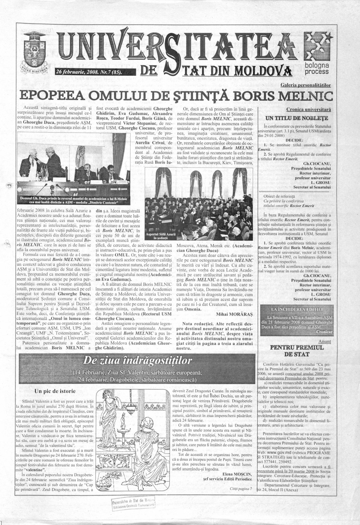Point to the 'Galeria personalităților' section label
(306, 85)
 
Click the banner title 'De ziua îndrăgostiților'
(137, 361)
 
